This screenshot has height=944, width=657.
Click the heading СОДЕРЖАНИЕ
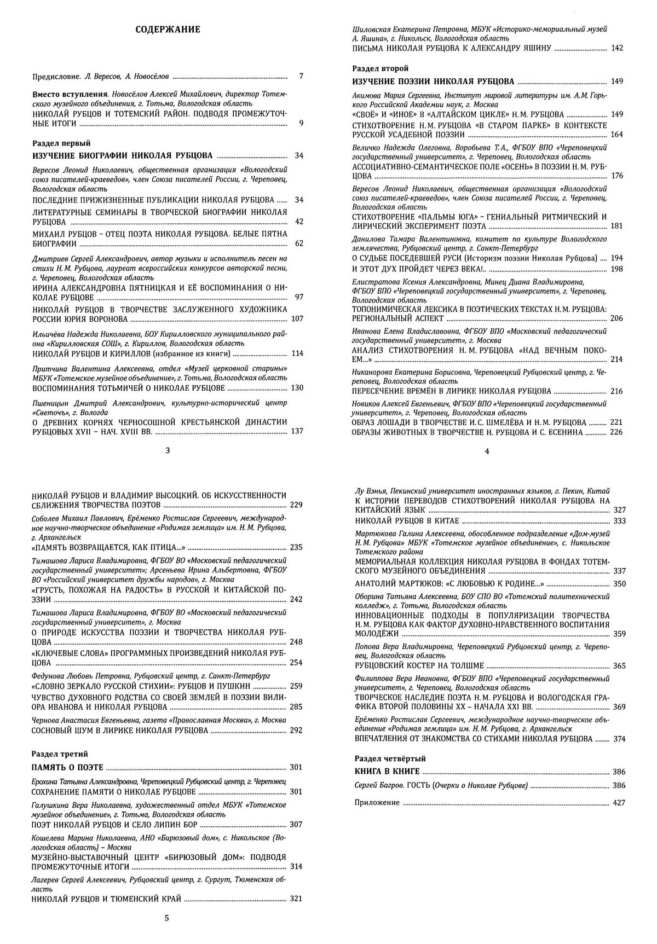168,30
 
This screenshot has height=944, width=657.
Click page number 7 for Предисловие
301,77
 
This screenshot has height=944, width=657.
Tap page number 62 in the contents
298,244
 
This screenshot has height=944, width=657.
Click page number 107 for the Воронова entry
296,319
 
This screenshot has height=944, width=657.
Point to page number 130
296,388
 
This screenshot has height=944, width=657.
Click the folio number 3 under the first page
167,451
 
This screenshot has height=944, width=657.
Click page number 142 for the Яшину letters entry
616,49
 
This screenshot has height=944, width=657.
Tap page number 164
616,135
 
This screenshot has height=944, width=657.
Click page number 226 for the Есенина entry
616,432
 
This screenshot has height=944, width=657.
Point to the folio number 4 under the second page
487,451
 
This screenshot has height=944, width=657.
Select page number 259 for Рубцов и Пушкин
296,686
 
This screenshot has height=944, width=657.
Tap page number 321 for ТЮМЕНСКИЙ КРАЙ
296,899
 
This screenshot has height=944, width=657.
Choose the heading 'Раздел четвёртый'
390,759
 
